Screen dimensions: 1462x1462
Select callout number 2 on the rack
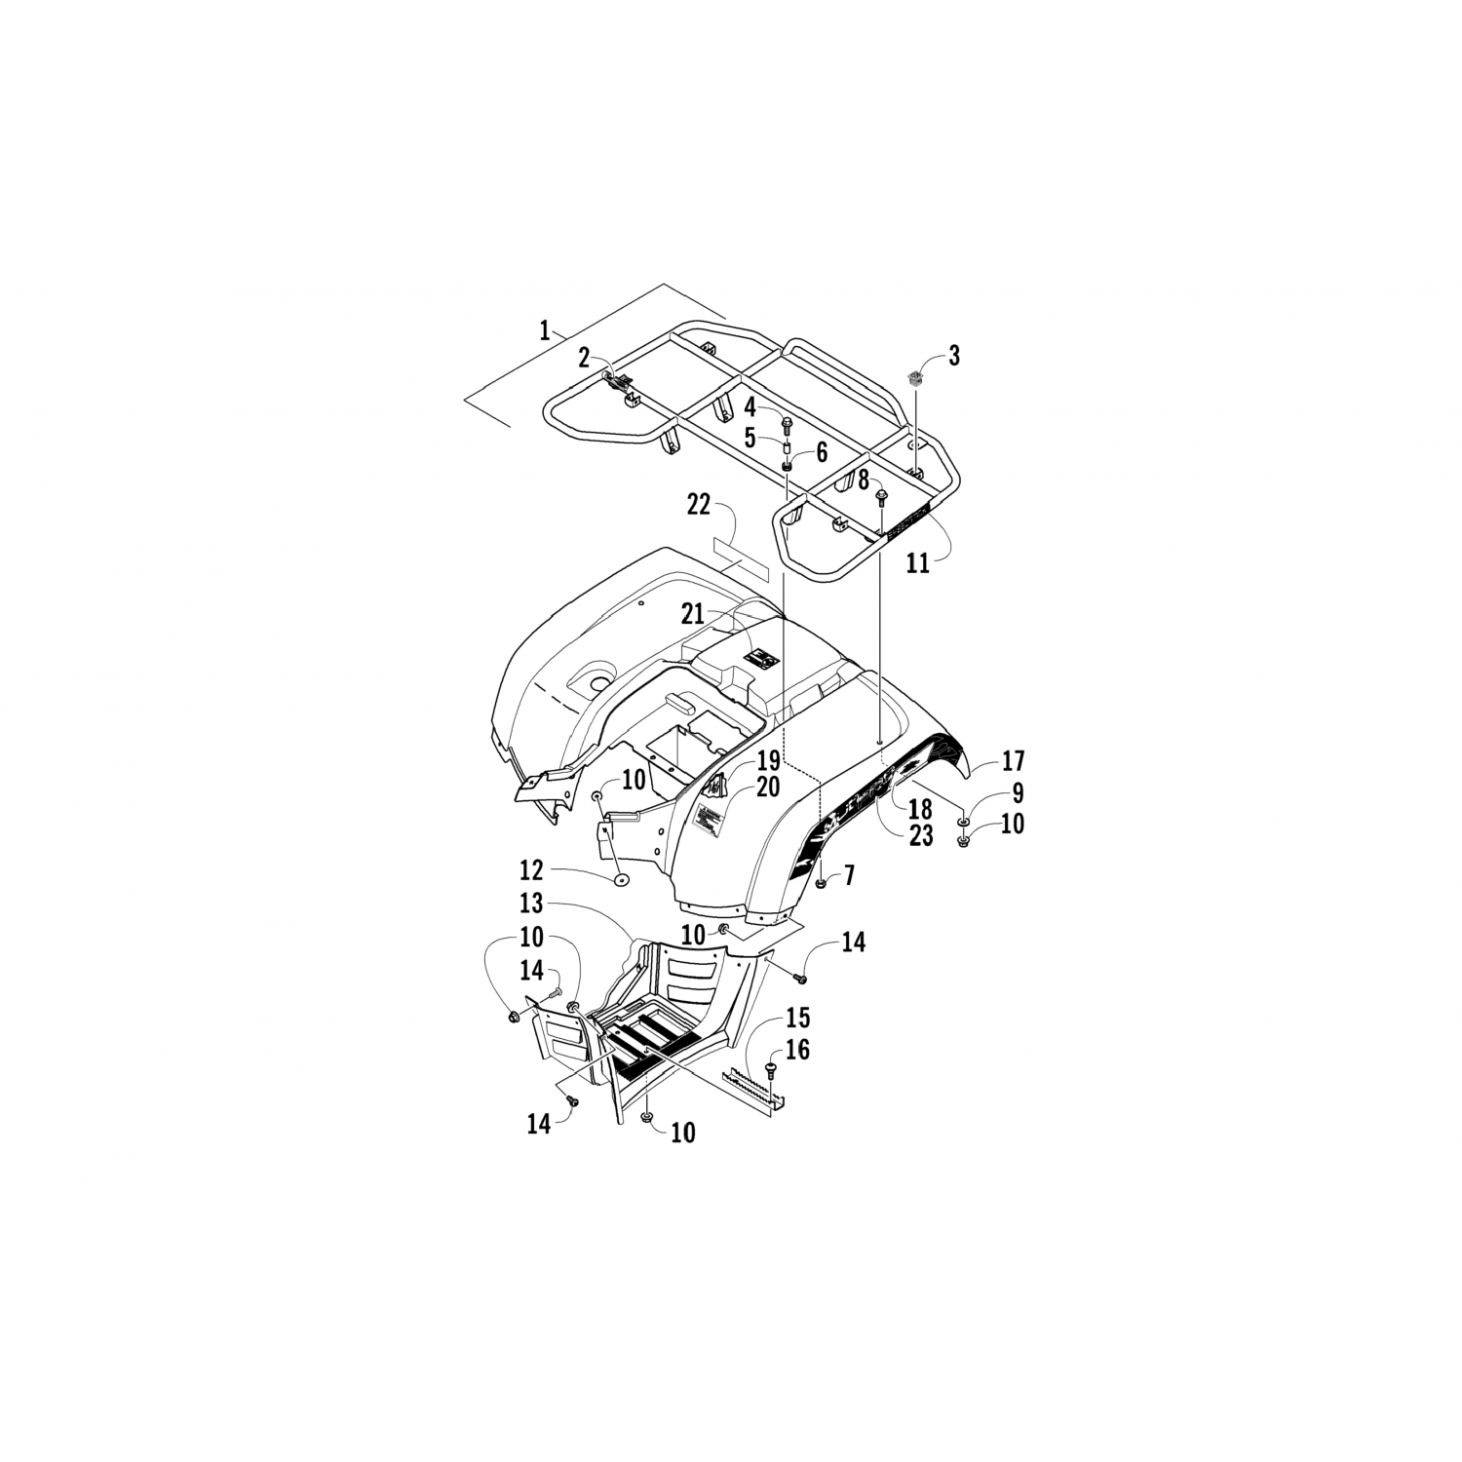click(x=583, y=357)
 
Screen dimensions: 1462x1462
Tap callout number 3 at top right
click(x=953, y=356)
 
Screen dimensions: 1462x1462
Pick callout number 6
click(x=821, y=452)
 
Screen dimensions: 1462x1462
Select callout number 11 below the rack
click(x=918, y=563)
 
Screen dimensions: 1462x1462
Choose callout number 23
click(x=921, y=835)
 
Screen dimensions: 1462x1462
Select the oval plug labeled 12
click(x=620, y=883)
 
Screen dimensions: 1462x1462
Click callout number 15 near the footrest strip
click(x=797, y=1020)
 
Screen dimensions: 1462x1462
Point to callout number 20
click(x=768, y=787)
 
